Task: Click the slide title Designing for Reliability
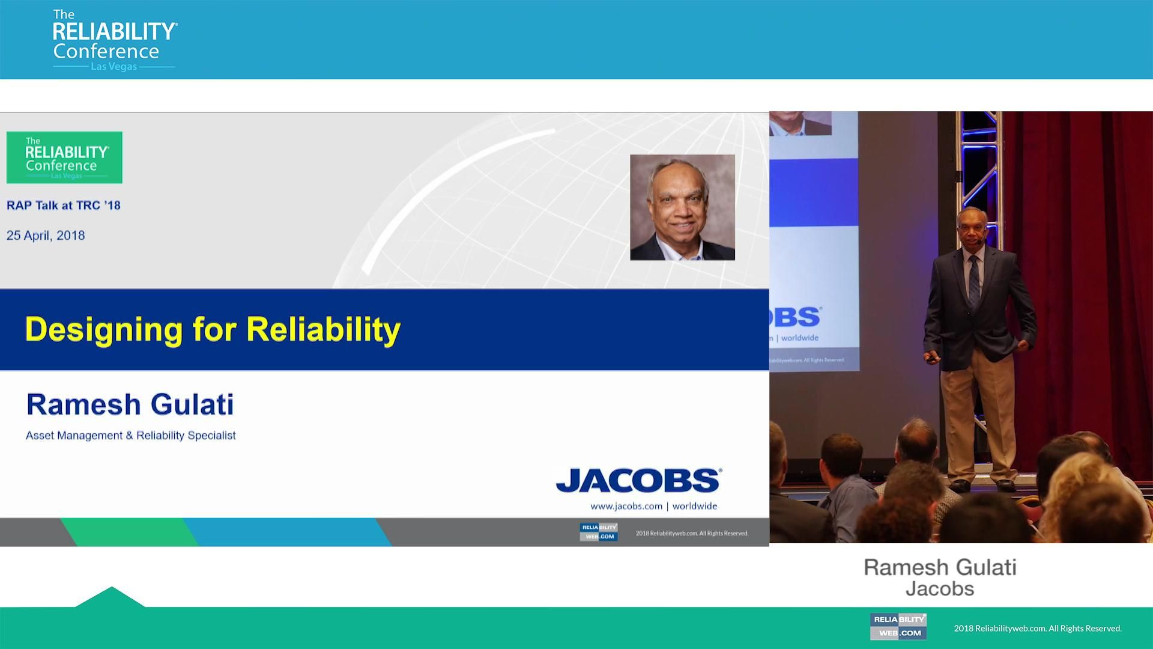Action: click(213, 329)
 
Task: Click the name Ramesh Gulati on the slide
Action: click(130, 404)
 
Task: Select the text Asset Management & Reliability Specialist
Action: click(130, 435)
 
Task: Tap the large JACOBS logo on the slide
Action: click(638, 481)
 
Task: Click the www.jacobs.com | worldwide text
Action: click(653, 506)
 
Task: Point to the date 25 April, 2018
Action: click(46, 236)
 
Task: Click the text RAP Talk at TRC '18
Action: click(64, 206)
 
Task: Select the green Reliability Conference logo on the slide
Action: click(64, 157)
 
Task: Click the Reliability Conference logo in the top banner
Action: click(115, 40)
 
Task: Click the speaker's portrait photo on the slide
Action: click(682, 207)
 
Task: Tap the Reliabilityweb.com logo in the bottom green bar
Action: click(898, 626)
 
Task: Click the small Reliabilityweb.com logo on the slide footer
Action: click(598, 532)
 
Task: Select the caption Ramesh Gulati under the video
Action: click(940, 567)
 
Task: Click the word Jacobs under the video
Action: click(940, 589)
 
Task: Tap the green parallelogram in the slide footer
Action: click(129, 532)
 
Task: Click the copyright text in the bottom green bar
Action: click(1037, 629)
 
